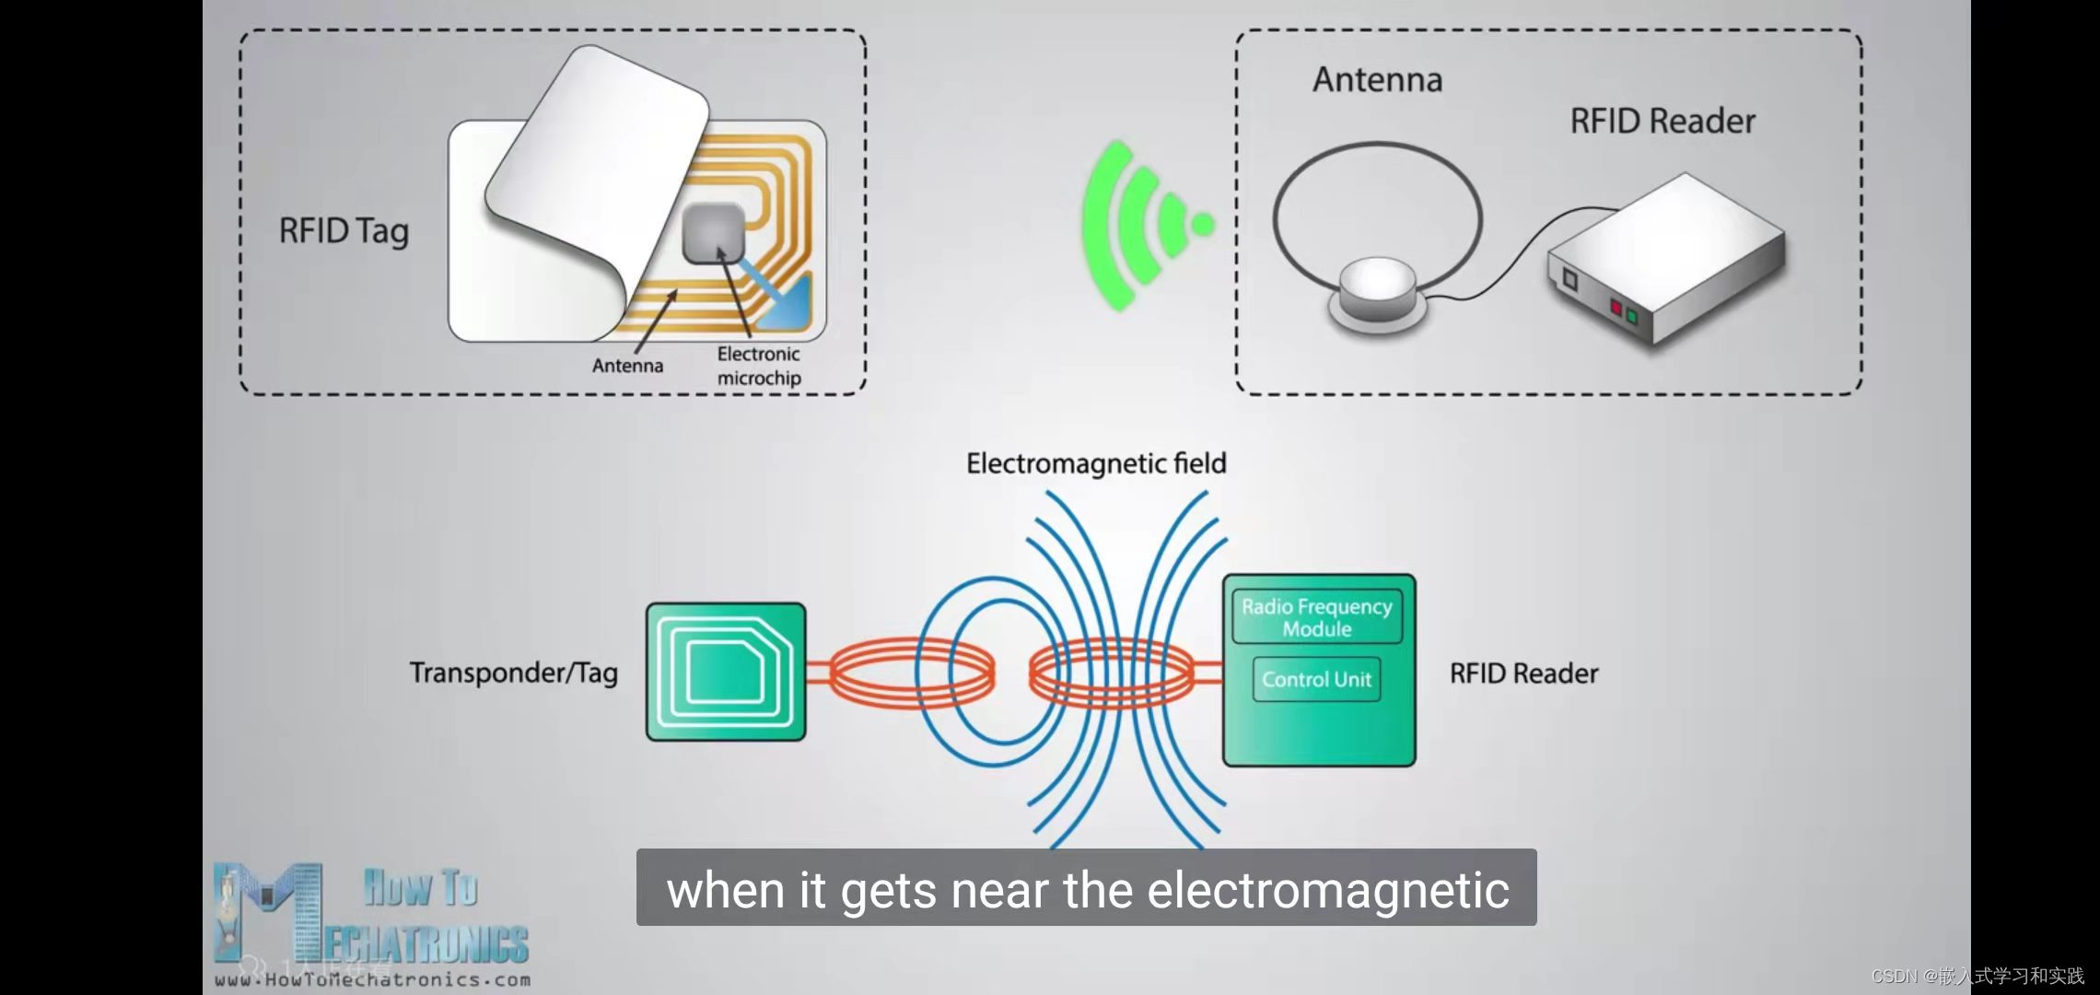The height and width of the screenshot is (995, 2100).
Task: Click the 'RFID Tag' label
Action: click(x=344, y=231)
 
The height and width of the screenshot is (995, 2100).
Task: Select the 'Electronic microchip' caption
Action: click(x=759, y=366)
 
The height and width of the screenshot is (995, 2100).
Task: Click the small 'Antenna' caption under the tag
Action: click(x=627, y=366)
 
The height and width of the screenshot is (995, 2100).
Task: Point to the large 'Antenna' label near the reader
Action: click(x=1377, y=80)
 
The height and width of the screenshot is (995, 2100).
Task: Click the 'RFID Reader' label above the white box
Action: click(x=1662, y=122)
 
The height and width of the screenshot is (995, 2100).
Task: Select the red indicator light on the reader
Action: click(x=1616, y=307)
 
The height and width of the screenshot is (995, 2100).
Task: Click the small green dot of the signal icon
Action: click(x=1202, y=224)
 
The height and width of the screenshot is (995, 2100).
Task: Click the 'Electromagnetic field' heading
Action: click(x=1096, y=463)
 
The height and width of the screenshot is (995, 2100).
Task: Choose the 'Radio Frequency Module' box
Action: click(x=1317, y=617)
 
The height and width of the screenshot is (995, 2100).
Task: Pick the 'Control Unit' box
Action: click(x=1316, y=680)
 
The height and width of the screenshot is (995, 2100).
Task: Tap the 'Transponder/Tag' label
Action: click(x=513, y=673)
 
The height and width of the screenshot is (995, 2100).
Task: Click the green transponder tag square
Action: click(x=726, y=672)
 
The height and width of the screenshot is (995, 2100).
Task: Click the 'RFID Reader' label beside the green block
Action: click(x=1523, y=674)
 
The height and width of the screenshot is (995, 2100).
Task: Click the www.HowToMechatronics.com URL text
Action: click(x=373, y=980)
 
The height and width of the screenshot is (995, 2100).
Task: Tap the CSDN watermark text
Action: click(x=1977, y=976)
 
